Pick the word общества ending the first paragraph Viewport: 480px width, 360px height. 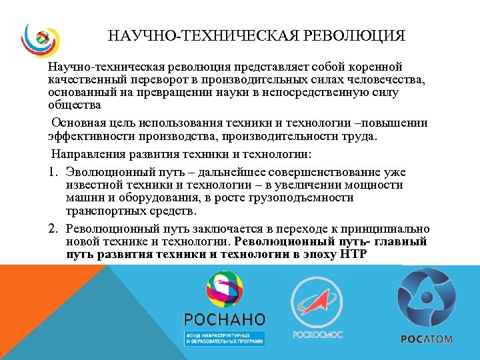tap(75, 105)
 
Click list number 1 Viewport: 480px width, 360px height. tap(53, 173)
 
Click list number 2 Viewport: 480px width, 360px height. tap(53, 229)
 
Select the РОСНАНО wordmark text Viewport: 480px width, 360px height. tap(225, 319)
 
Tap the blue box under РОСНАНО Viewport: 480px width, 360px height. tap(225, 337)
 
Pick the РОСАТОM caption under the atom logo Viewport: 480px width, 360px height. tap(427, 339)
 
